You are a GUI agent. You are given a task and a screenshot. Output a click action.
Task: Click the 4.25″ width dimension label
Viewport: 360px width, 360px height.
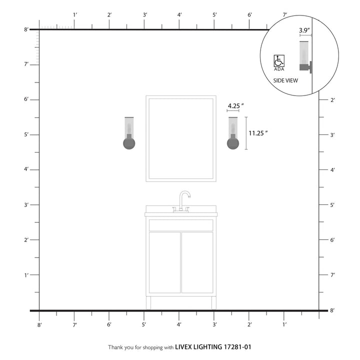(236, 106)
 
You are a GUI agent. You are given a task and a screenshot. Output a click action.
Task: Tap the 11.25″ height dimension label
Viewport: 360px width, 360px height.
(258, 133)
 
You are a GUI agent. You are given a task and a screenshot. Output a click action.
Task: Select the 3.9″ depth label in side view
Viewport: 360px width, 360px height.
(304, 30)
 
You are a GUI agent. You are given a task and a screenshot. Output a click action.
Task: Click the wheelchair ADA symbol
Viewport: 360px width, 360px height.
(279, 61)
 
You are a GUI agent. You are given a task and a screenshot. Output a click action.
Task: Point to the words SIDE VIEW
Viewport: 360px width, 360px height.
(285, 80)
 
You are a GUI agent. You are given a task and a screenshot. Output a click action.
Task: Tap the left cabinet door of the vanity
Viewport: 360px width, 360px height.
(164, 262)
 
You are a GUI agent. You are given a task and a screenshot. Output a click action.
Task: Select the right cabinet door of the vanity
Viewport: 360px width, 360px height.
(197, 262)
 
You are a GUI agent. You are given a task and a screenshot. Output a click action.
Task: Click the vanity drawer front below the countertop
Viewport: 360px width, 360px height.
(181, 225)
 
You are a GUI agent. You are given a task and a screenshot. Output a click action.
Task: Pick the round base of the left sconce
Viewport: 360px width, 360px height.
(129, 143)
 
